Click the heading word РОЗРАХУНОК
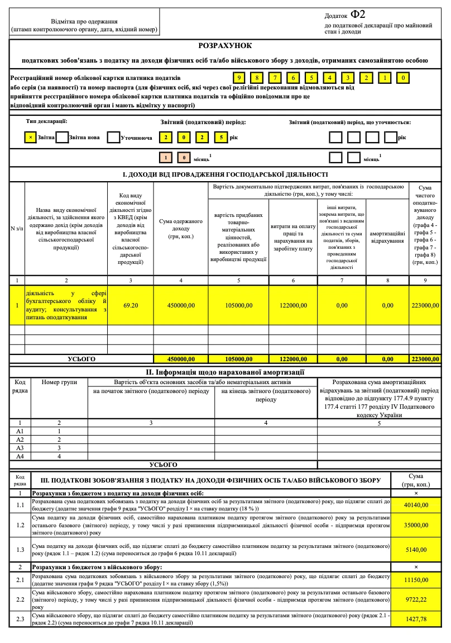(x=226, y=47)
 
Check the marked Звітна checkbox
(x=31, y=137)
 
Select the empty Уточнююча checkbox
(x=113, y=137)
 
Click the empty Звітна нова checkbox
(x=62, y=137)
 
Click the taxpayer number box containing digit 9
(x=239, y=78)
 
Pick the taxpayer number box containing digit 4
(x=330, y=78)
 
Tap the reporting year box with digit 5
(x=221, y=137)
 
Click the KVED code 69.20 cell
(x=131, y=305)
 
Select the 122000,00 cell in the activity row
(x=293, y=305)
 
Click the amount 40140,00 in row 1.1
(x=417, y=505)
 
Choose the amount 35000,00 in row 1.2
(x=417, y=526)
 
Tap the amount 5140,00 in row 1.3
(x=417, y=550)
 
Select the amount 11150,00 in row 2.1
(x=417, y=580)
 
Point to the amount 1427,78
(x=417, y=619)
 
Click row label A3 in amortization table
(x=20, y=448)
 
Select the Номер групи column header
(x=59, y=382)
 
